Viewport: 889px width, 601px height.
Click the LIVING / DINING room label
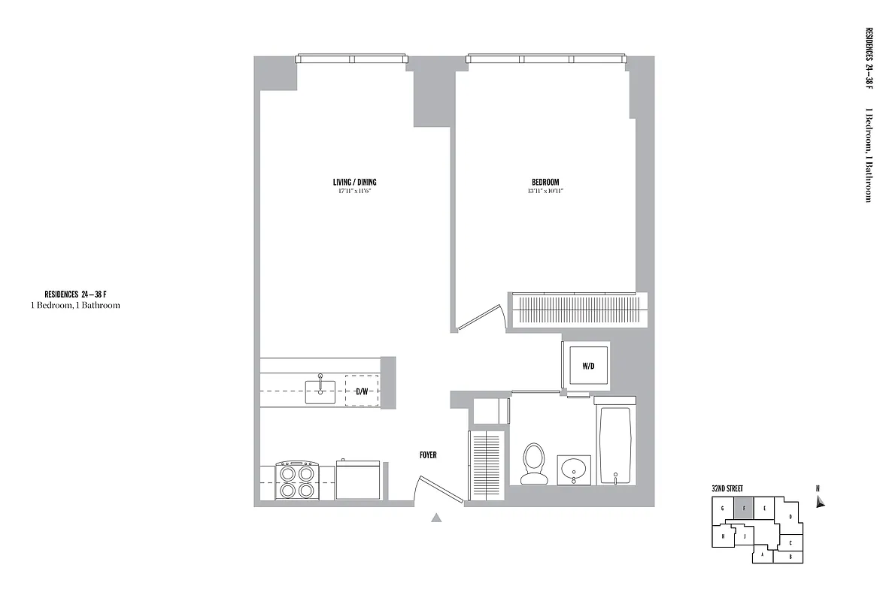coord(354,183)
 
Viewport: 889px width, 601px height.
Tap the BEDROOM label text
coord(545,183)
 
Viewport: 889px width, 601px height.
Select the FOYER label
coord(428,455)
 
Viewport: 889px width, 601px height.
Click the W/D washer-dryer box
coord(588,366)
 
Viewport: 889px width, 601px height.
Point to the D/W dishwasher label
coord(362,391)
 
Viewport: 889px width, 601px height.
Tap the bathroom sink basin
coord(574,470)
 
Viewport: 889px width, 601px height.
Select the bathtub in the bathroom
coord(616,445)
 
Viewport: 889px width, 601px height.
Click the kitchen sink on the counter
coord(321,390)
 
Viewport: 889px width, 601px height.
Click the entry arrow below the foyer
coord(435,517)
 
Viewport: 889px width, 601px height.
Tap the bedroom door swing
coord(481,318)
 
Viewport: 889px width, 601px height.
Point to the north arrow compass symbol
coord(821,502)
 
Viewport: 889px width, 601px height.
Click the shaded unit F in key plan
coord(743,508)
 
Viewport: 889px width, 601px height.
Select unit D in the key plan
coord(790,517)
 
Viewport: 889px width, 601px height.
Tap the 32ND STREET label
coord(727,488)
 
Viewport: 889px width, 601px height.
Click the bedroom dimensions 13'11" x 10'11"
coord(545,192)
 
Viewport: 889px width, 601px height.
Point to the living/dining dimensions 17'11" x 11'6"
coord(354,192)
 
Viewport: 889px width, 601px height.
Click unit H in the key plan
coord(723,536)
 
